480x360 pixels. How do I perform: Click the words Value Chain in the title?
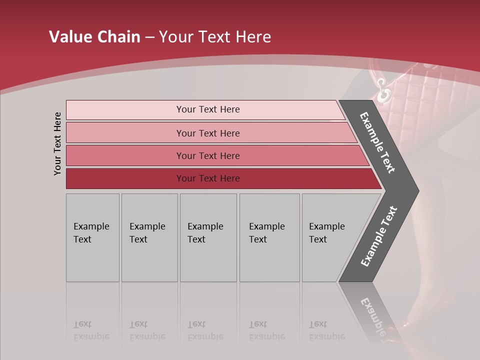coord(94,37)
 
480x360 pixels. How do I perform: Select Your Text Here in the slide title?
coord(215,37)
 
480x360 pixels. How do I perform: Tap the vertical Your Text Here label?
coord(57,143)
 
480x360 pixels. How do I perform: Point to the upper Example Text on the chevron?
coord(377,142)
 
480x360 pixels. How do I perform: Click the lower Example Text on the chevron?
coord(379,236)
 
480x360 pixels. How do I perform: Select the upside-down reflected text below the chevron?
coord(372,315)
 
